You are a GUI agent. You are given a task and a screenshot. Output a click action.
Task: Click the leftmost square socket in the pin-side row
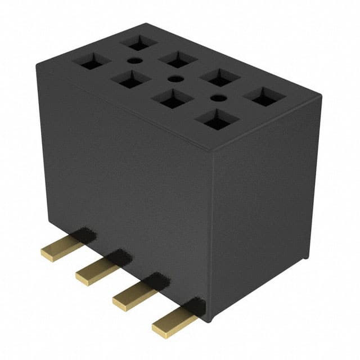[x=92, y=62]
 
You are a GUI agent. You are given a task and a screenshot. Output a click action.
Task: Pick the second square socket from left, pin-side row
[x=130, y=80]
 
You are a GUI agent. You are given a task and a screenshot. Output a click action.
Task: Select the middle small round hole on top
[x=175, y=79]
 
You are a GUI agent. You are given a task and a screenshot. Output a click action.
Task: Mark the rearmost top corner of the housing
[x=146, y=24]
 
